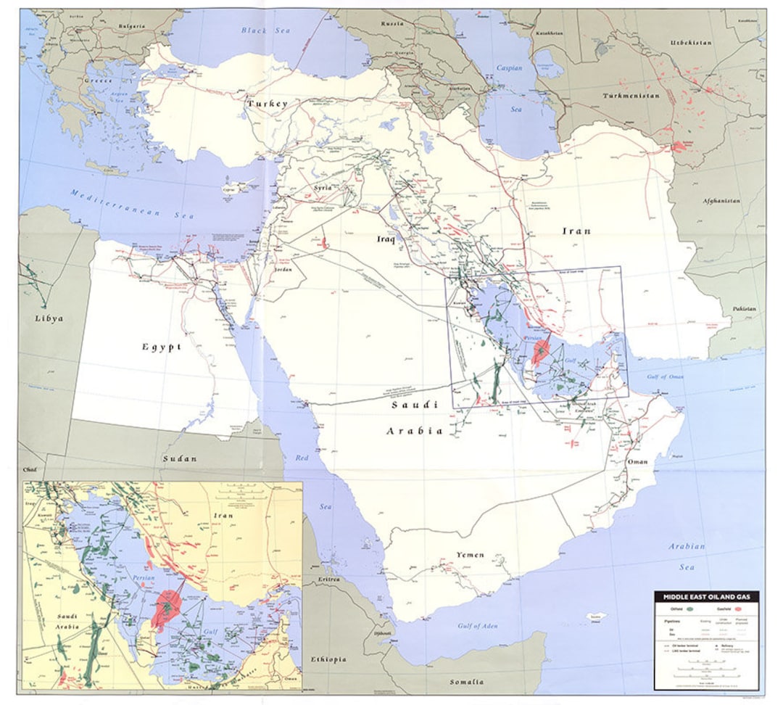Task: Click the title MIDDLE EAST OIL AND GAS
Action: pyautogui.click(x=707, y=596)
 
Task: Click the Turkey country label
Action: pyautogui.click(x=266, y=104)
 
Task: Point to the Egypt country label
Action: pyautogui.click(x=162, y=347)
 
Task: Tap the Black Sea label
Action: pyautogui.click(x=265, y=31)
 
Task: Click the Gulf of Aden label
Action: pyautogui.click(x=479, y=625)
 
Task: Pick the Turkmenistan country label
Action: pyautogui.click(x=631, y=96)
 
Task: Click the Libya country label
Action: pyautogui.click(x=49, y=318)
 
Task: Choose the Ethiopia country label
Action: pyautogui.click(x=350, y=661)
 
